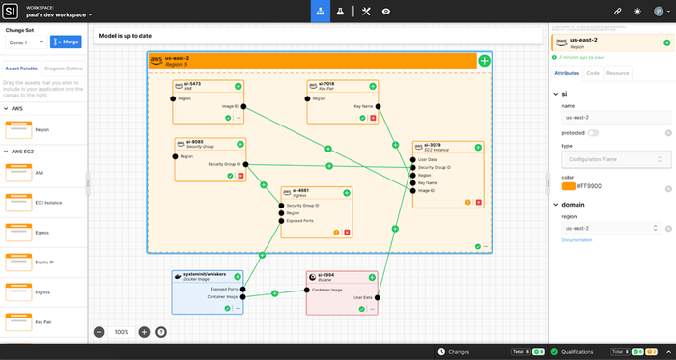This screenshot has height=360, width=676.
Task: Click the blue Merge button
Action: click(67, 42)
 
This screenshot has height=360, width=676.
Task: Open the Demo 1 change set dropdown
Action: click(26, 42)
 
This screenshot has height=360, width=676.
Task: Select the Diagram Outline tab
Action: click(63, 69)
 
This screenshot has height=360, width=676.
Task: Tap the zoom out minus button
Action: click(99, 331)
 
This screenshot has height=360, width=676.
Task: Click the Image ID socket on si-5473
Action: click(244, 106)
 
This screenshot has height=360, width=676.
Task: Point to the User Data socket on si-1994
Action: click(377, 297)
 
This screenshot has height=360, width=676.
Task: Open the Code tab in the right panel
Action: click(593, 72)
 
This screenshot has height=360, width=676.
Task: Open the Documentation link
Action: click(576, 238)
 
